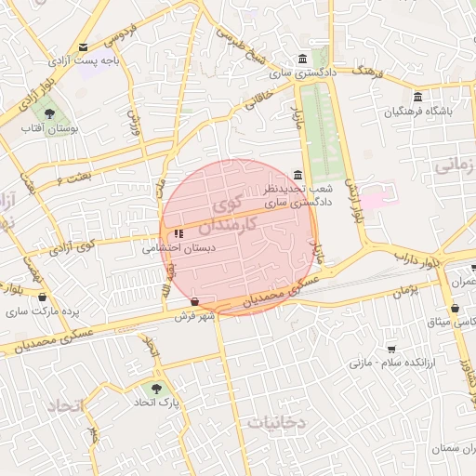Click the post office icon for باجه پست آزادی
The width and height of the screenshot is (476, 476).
[x=84, y=47]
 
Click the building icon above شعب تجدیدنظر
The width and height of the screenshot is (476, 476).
[x=297, y=175]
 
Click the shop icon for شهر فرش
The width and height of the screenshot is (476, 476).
[x=193, y=301]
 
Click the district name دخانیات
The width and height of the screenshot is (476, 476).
[x=276, y=422]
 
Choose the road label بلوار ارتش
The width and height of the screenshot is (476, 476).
[x=351, y=199]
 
